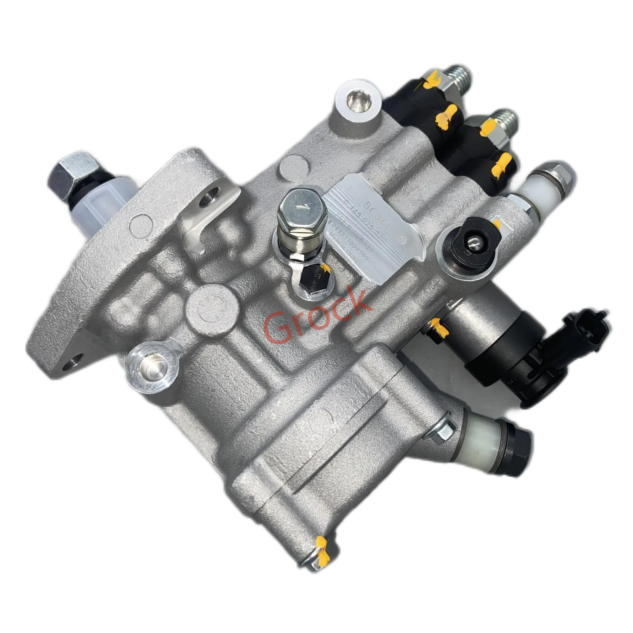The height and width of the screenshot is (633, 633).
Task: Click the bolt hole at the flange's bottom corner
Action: (x=72, y=364)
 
